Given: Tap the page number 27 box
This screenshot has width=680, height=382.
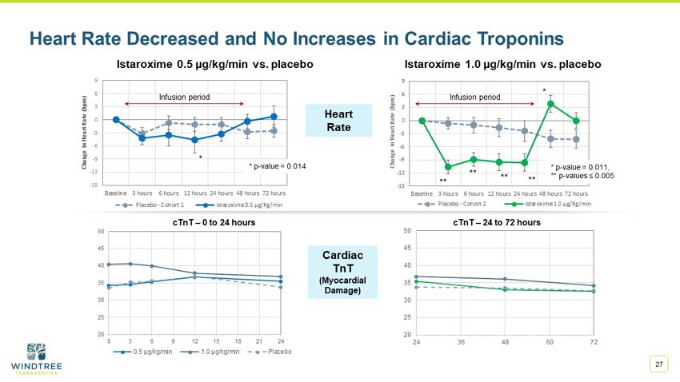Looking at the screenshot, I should point(659,364).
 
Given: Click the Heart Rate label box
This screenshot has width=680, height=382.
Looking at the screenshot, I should point(338,120).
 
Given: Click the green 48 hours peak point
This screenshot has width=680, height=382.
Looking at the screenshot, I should point(550,104).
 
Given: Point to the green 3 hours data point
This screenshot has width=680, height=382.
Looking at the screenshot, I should point(448,167).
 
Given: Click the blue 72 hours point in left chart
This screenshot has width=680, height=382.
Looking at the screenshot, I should point(273,117).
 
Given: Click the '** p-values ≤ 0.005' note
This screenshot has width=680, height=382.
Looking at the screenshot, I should point(582,175).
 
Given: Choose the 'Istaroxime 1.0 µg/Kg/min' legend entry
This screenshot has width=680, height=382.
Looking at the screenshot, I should point(548,204).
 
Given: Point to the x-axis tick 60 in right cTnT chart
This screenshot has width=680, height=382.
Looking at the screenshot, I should point(548,342).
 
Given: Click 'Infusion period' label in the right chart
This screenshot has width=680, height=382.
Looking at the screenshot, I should point(474,97).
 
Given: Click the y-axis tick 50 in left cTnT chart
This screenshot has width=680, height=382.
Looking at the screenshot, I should point(100,231).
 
